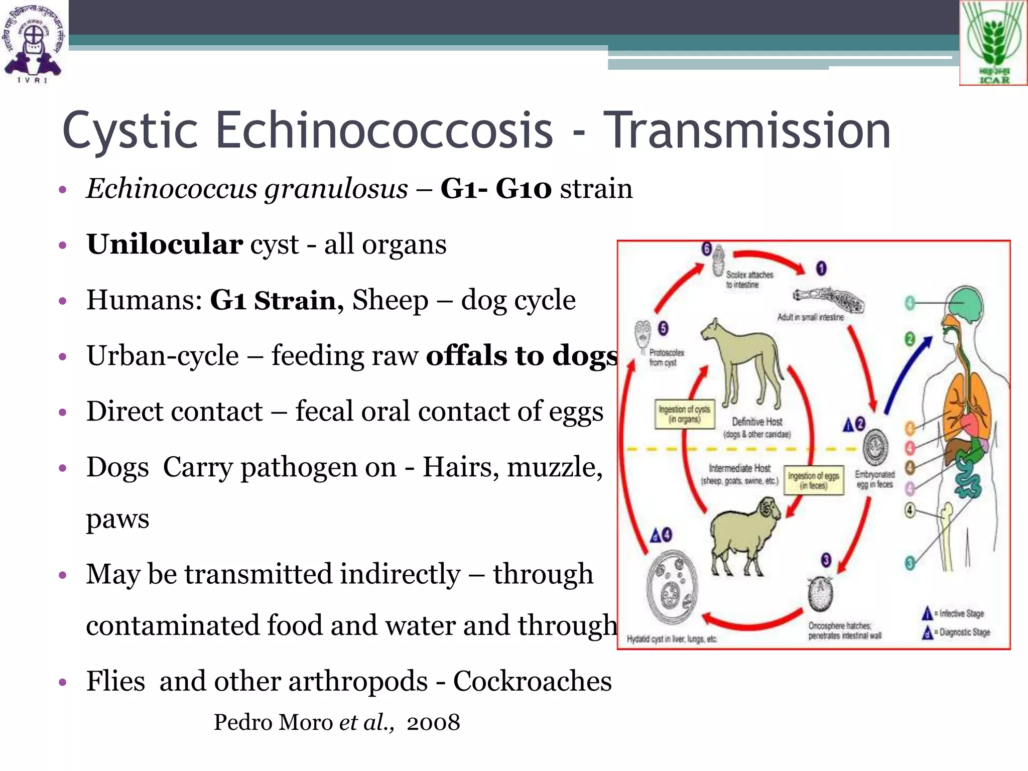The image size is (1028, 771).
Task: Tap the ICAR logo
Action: pyautogui.click(x=993, y=43)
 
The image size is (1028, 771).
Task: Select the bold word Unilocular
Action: pyautogui.click(x=164, y=244)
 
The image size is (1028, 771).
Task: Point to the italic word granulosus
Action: pyautogui.click(x=336, y=189)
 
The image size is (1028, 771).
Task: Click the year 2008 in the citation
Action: pyautogui.click(x=433, y=722)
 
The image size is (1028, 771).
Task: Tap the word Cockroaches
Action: pyautogui.click(x=532, y=681)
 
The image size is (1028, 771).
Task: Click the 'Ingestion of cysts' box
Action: pyautogui.click(x=684, y=414)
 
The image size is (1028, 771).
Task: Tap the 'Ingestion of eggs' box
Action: pyautogui.click(x=813, y=480)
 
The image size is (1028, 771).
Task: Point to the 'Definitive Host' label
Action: pyautogui.click(x=757, y=422)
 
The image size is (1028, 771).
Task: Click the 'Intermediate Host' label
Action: pyautogui.click(x=739, y=468)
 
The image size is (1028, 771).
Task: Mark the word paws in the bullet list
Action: pyautogui.click(x=117, y=519)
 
